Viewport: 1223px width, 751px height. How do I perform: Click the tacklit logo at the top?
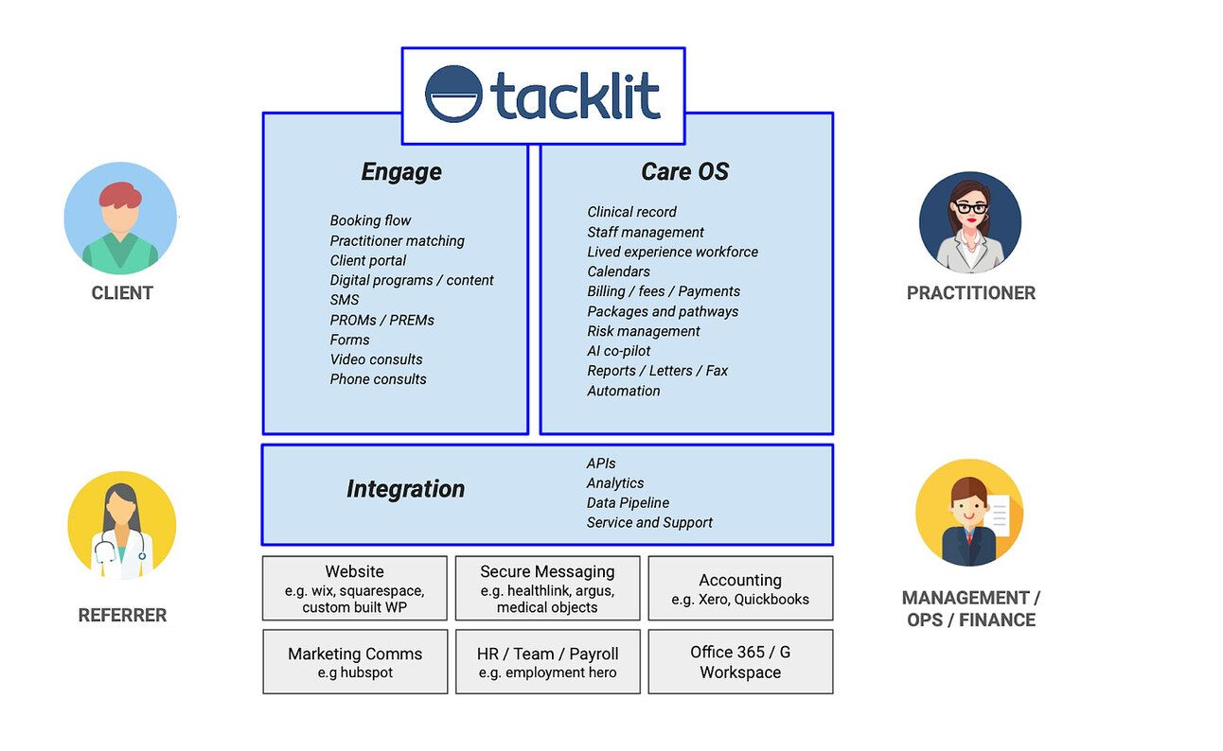point(543,96)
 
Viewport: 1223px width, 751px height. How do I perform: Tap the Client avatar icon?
point(120,218)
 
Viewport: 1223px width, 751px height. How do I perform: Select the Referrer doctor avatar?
point(121,526)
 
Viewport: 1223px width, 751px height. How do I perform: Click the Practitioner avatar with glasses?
point(969,222)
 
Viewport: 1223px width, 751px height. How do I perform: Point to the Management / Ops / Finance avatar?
point(969,515)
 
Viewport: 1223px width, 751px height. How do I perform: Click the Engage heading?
point(401,172)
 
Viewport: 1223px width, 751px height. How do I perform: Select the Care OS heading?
point(684,172)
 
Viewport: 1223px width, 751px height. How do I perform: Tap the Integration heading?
point(405,489)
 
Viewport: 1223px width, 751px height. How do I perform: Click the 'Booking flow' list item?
point(370,220)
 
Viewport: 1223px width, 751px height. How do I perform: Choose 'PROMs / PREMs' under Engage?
point(381,320)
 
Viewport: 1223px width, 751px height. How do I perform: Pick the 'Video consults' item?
point(376,359)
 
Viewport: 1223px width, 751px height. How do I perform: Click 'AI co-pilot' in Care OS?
point(618,351)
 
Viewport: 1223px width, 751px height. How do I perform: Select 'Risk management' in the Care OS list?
point(643,331)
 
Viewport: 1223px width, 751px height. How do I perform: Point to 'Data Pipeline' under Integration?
point(628,503)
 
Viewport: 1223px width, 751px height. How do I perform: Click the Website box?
point(354,588)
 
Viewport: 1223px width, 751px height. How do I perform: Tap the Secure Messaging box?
point(547,588)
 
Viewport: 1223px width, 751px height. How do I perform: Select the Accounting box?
point(740,588)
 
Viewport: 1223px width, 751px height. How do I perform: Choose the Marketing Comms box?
point(355,662)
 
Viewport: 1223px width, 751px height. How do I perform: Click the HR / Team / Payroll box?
point(547,662)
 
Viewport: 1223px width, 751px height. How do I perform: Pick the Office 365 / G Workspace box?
point(740,662)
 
